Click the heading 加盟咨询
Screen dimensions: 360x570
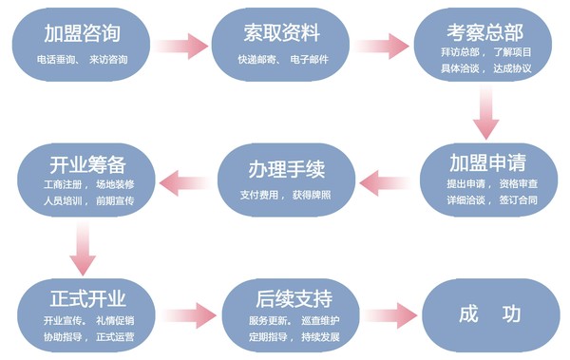pyautogui.click(x=83, y=33)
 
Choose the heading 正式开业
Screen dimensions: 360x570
pyautogui.click(x=85, y=293)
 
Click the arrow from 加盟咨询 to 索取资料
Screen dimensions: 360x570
pyautogui.click(x=181, y=45)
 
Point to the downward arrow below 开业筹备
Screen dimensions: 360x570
pyautogui.click(x=85, y=249)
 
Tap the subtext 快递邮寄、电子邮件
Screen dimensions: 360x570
pyautogui.click(x=280, y=59)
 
